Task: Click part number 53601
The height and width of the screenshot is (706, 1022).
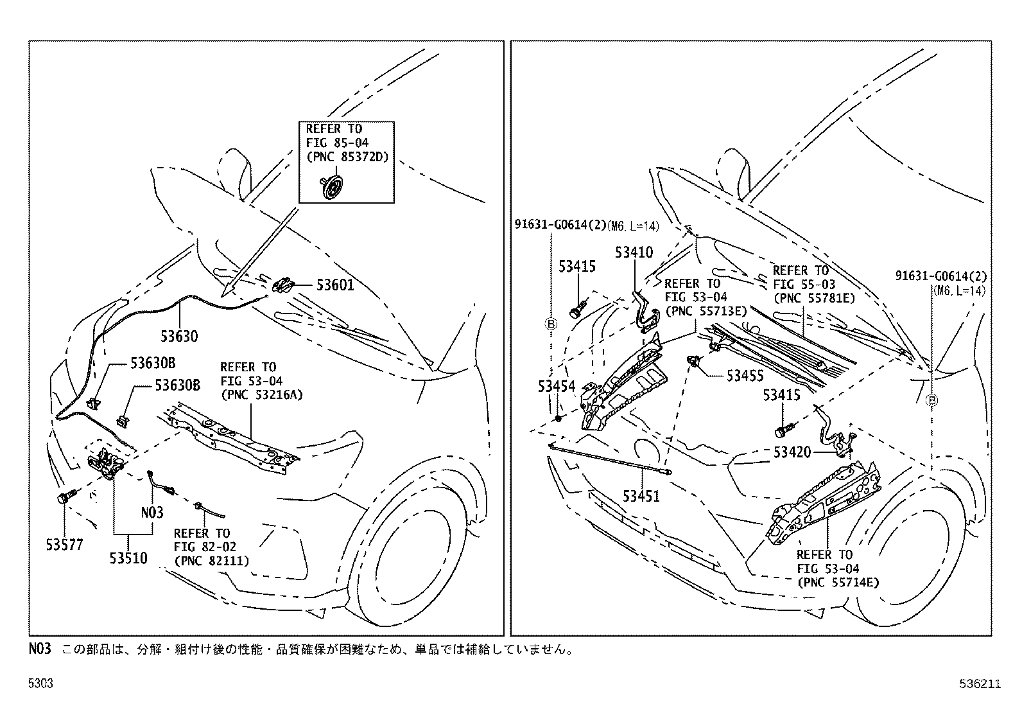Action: point(334,285)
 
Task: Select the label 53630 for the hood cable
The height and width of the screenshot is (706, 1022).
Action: point(179,336)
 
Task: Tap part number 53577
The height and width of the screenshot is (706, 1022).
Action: point(64,545)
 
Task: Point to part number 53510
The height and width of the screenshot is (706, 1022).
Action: point(128,558)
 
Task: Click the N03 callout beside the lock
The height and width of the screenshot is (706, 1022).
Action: point(152,512)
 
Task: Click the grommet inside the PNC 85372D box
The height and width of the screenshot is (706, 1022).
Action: point(331,188)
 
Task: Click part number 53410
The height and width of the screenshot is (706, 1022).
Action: point(634,252)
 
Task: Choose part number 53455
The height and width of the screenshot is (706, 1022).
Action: point(745,376)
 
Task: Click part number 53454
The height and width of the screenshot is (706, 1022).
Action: point(557,385)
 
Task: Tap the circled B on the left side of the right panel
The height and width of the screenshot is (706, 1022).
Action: point(551,324)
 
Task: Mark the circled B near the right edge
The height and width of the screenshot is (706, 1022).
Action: point(933,400)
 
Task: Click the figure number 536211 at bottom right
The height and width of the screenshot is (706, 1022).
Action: point(982,684)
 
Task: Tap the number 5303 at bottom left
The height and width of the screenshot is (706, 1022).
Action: point(40,684)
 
